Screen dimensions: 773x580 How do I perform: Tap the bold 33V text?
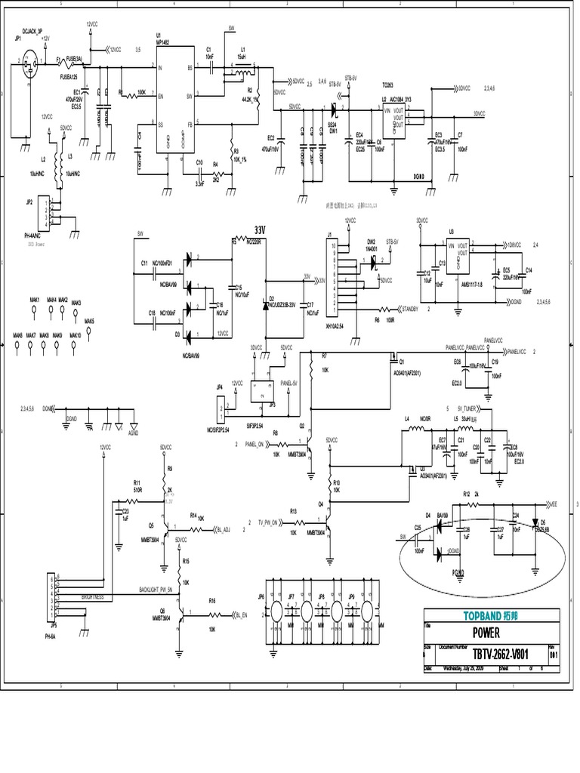[x=261, y=229]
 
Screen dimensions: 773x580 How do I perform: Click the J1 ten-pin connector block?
[x=331, y=276]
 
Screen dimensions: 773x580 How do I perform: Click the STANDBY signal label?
[x=412, y=309]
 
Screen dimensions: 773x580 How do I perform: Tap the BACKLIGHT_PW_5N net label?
[x=156, y=588]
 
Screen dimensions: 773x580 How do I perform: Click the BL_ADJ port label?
[x=223, y=530]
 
